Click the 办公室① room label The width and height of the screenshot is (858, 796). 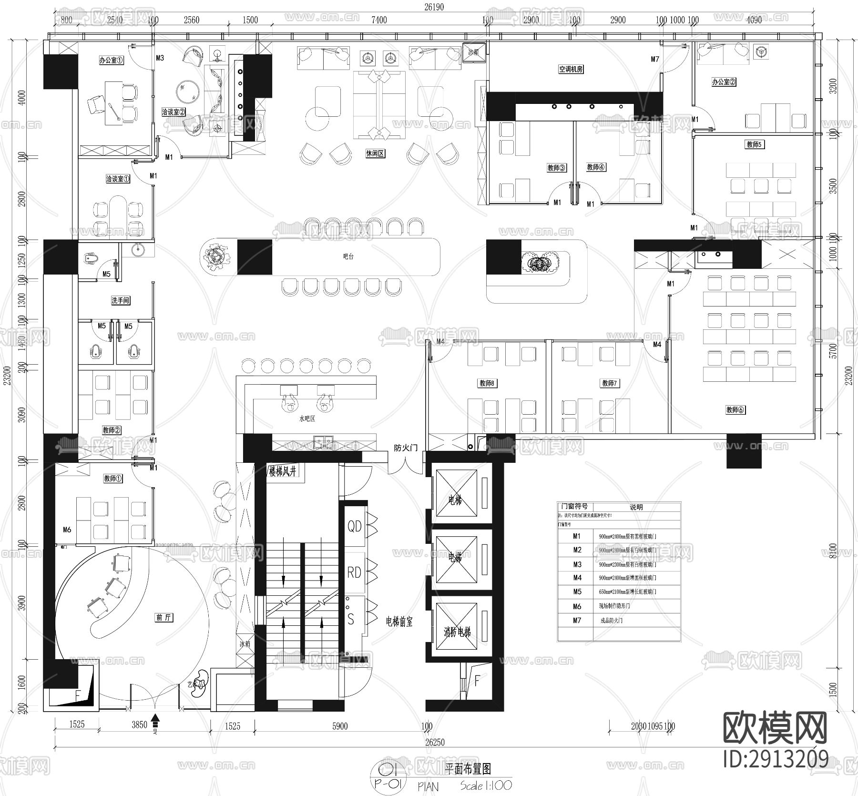tap(112, 61)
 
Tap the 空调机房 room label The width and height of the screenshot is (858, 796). tap(571, 69)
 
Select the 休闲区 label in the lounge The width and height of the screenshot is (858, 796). tap(375, 154)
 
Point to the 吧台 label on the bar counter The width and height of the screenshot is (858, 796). tap(348, 256)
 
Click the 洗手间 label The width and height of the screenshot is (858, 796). tap(120, 300)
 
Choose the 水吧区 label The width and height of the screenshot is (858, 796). tap(307, 418)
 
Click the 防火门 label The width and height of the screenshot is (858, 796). tap(406, 448)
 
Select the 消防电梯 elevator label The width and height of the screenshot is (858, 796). tap(457, 632)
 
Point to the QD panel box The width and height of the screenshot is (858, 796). tap(355, 526)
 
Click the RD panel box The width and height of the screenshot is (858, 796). tap(354, 572)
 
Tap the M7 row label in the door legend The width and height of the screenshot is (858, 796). tap(577, 620)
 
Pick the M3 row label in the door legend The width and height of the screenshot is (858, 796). tap(577, 564)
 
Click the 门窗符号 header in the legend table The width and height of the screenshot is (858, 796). tap(574, 507)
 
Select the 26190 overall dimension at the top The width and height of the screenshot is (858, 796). tap(434, 7)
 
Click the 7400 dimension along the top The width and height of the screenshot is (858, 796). tap(379, 20)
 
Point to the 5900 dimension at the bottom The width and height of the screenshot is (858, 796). tap(340, 726)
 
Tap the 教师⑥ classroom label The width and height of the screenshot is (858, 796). tap(735, 409)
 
